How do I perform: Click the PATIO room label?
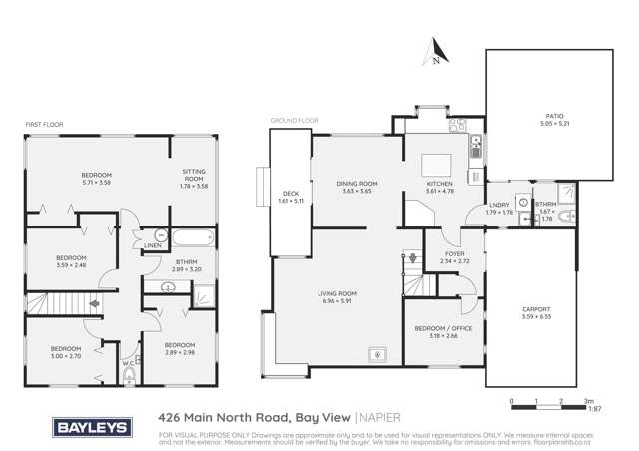(551, 117)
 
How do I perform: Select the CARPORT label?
(536, 309)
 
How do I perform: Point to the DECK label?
(290, 194)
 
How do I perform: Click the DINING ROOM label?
(357, 183)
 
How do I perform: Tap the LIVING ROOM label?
(337, 293)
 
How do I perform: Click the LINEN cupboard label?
(153, 245)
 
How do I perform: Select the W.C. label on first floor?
(128, 363)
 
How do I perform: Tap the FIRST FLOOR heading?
(44, 125)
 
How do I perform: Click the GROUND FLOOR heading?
(294, 121)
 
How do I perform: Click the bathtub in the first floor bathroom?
(193, 237)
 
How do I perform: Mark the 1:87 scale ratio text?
(594, 409)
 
